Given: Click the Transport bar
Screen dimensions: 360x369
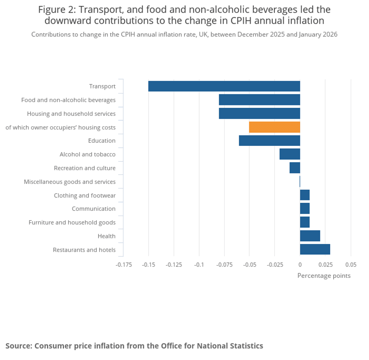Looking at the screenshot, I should [x=224, y=86].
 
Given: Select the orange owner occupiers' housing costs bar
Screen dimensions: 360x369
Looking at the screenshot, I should [x=274, y=127].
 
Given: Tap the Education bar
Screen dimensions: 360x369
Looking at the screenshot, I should [x=269, y=141].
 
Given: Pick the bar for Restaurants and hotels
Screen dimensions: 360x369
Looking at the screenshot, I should [x=315, y=250].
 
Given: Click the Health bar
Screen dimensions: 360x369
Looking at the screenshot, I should [x=310, y=236].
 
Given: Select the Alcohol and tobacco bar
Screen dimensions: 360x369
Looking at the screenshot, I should [x=290, y=154].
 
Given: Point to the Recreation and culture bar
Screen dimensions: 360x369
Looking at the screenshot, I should [x=294, y=168].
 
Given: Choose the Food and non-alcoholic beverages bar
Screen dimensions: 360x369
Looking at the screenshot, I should [x=259, y=100].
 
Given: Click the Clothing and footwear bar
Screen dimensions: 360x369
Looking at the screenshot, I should [x=305, y=195].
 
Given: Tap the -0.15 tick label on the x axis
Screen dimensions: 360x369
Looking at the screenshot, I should [x=149, y=265].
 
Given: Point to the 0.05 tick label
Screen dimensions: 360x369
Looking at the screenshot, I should [x=351, y=265].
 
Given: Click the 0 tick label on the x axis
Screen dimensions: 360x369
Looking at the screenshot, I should [x=300, y=265].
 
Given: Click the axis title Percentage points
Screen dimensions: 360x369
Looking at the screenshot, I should [x=324, y=276].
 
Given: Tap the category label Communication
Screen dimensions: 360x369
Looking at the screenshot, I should [x=94, y=209].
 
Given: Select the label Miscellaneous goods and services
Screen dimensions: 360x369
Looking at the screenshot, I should [x=70, y=182].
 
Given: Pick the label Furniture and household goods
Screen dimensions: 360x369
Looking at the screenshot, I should [x=72, y=222].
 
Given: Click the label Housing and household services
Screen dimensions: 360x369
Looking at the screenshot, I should [x=71, y=113].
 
